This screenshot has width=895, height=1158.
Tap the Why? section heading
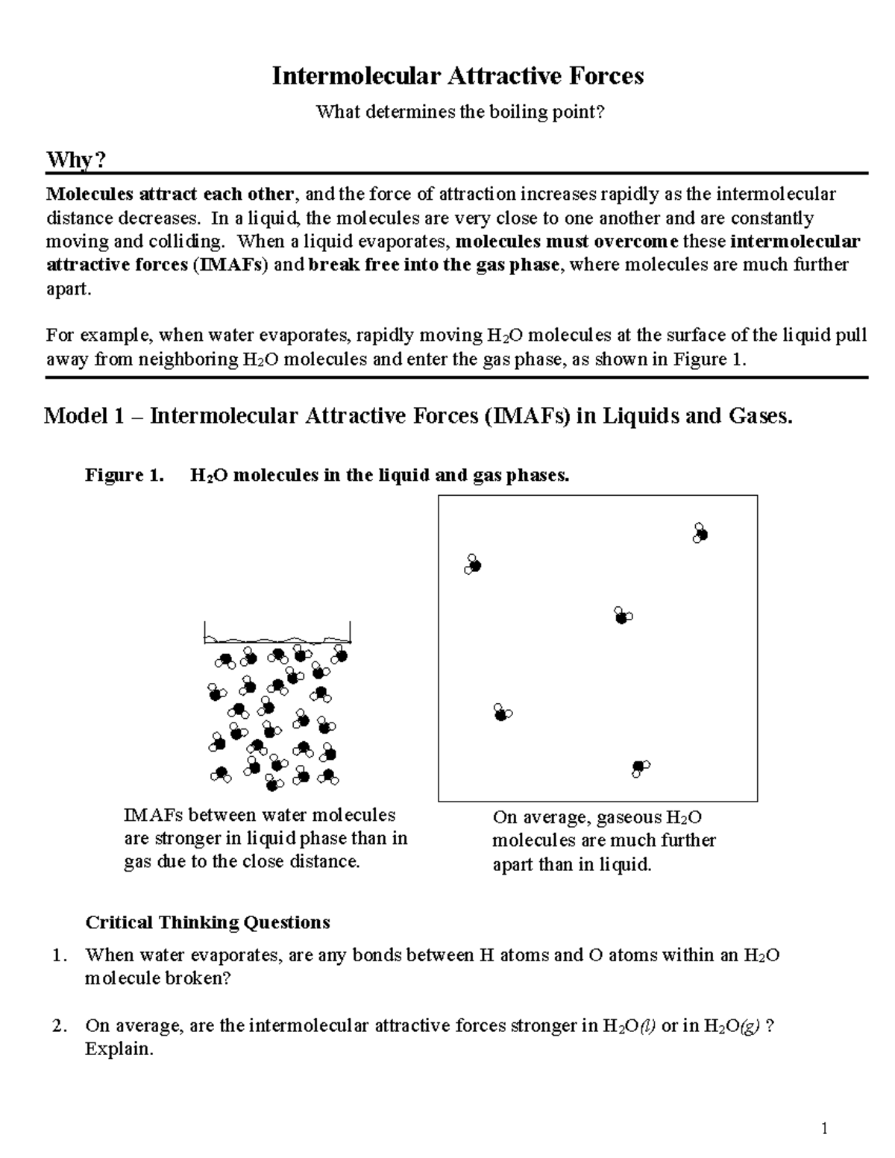tap(77, 160)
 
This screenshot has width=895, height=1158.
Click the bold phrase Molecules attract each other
tap(170, 195)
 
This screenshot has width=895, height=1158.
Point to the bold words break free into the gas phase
tap(433, 265)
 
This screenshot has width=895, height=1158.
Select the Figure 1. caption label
tap(124, 476)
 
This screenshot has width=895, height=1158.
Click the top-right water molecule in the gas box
tap(700, 533)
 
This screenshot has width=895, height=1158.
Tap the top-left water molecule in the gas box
tap(472, 565)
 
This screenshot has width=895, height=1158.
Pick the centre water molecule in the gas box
tap(623, 616)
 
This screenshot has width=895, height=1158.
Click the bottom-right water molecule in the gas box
tap(640, 767)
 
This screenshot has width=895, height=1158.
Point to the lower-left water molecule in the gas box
tap(503, 714)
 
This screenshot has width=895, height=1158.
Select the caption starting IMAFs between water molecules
tap(266, 838)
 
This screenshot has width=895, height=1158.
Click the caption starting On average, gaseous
tap(603, 840)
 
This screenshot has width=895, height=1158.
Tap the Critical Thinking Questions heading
tap(207, 922)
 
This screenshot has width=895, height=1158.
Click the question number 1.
tap(60, 955)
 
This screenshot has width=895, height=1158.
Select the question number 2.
tap(60, 1026)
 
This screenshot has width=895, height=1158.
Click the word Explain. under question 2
tap(119, 1049)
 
